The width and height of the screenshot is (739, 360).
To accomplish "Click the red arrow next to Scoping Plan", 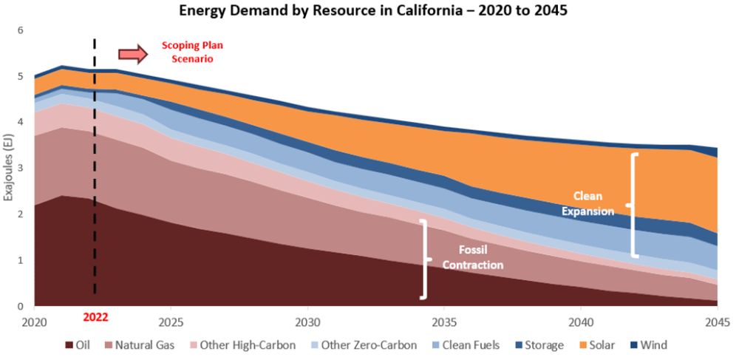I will pos(133,54).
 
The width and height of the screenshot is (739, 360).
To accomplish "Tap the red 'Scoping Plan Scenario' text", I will pos(192,51).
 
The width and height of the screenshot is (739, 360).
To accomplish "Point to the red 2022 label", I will pos(95,318).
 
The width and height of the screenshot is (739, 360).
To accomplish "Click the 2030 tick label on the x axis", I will pos(307,322).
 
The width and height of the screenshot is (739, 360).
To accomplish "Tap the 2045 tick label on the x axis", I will pos(718,322).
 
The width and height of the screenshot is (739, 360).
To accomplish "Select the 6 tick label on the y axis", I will pos(21,30).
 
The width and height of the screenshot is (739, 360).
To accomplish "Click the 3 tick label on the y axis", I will pos(21,169).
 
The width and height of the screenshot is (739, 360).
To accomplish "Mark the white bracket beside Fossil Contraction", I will pos(424,259).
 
